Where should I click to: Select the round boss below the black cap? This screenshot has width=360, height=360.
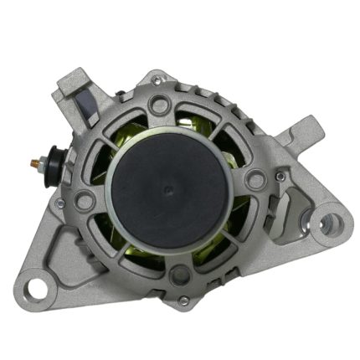pos(178,274)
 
